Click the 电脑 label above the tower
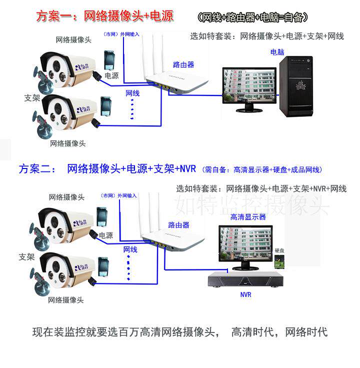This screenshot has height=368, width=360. (x=278, y=52)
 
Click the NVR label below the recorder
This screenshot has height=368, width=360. (x=245, y=294)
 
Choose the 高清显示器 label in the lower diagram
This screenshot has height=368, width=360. (x=248, y=216)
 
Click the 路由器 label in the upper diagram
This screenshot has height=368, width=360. (x=183, y=64)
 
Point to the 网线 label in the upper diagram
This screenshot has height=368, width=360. (x=132, y=93)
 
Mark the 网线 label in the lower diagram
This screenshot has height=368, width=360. (x=130, y=249)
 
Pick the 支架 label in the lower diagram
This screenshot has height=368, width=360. (x=26, y=257)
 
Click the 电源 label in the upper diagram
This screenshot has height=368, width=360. (x=111, y=76)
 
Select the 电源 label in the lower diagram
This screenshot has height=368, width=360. (x=105, y=235)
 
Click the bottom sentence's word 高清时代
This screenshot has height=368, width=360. (x=252, y=331)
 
